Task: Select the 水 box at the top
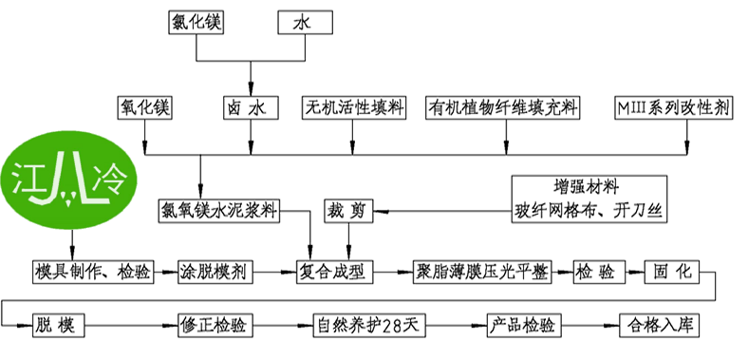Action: point(307,22)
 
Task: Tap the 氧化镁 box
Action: point(144,107)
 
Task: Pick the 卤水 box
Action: point(251,107)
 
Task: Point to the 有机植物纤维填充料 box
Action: point(503,107)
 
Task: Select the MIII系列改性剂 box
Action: point(673,107)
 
